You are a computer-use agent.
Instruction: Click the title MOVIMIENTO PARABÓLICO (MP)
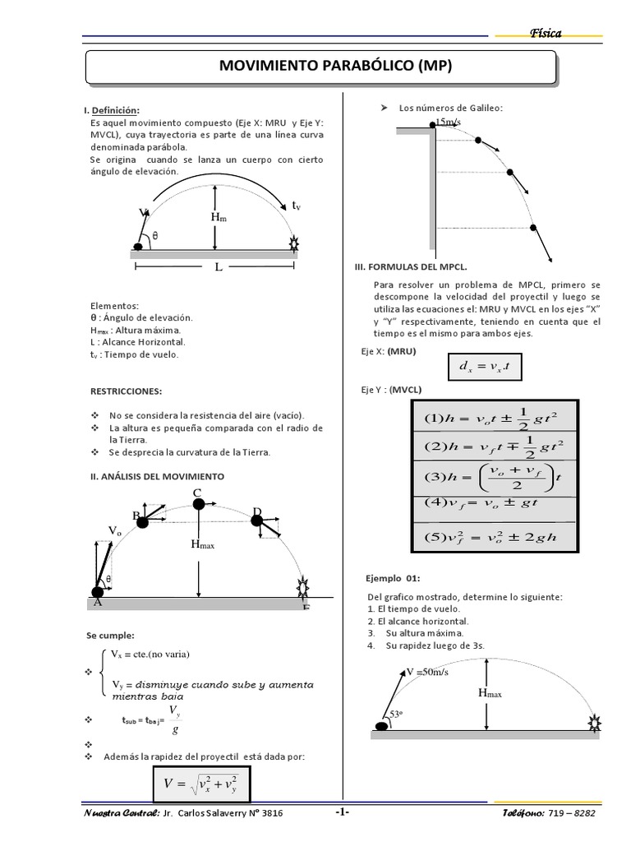pos(323,67)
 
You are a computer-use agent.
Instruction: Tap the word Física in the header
pos(546,33)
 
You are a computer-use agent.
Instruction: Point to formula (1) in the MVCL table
pos(491,419)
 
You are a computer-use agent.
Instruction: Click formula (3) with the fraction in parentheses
pos(491,477)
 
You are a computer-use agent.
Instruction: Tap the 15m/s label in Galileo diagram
pos(448,122)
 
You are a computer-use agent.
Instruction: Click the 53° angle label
pos(397,715)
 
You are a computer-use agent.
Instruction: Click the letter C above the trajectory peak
pos(197,493)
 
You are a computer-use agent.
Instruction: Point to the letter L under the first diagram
pos(218,268)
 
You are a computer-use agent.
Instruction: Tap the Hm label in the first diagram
pos(219,217)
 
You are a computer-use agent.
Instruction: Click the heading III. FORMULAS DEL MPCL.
pos(410,267)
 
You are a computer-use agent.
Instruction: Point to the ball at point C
pos(198,504)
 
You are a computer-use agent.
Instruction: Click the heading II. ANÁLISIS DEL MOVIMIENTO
pos(155,476)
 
